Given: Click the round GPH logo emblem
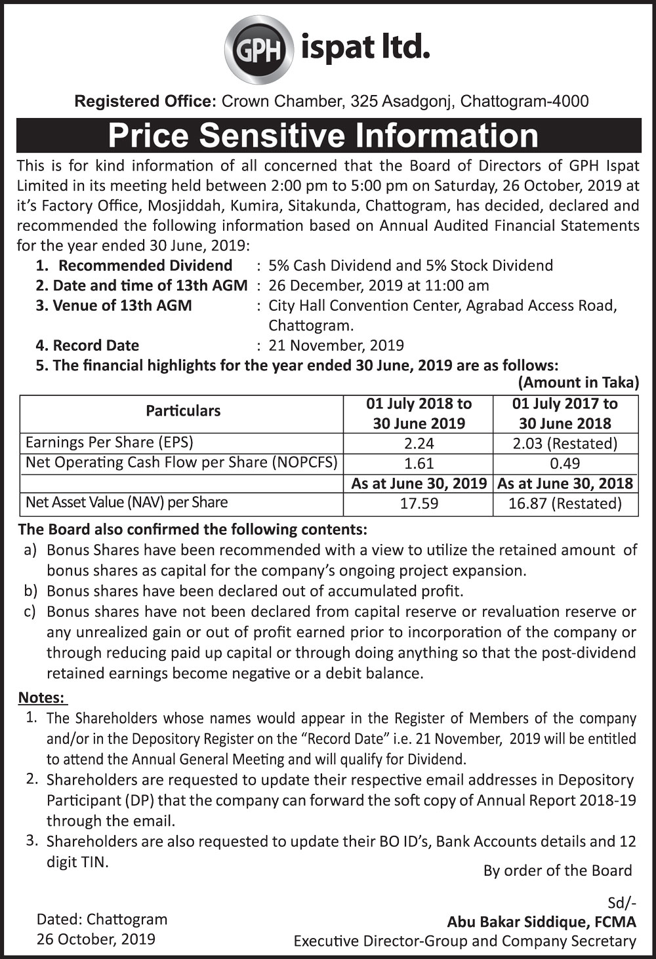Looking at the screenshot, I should coord(258,49).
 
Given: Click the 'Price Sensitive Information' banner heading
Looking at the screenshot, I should coord(323,135).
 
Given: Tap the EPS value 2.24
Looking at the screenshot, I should coord(419,444).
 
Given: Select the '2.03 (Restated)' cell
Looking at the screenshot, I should coord(565,444).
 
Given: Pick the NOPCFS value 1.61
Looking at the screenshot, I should coord(419,463).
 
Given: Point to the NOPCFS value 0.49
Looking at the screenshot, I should coord(565,463).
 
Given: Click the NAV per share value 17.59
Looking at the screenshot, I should coord(419,503).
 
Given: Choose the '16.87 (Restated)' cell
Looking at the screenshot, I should coord(565,503).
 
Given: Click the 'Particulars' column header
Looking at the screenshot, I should coord(183,411).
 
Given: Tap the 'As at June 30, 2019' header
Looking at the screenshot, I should coord(419,484).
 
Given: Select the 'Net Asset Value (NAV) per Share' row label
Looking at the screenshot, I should coord(127,503).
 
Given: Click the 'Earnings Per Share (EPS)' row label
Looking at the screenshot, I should coord(110,442).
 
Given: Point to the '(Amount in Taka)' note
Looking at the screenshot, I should coord(578,383).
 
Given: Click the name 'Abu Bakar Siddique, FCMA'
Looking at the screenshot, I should coord(541,922).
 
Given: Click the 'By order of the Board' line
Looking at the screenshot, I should coord(558,871).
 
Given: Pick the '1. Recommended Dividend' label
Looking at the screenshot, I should coord(134,265).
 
